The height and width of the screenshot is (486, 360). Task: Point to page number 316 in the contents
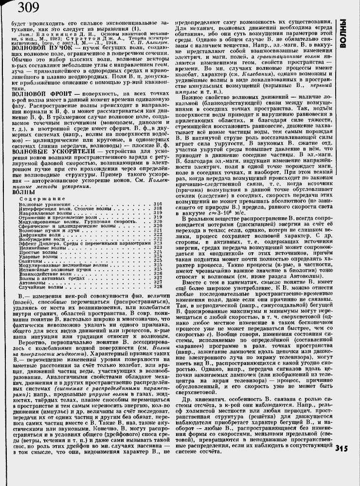pos(158,190)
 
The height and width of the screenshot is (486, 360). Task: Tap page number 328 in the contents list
pos(158,287)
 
